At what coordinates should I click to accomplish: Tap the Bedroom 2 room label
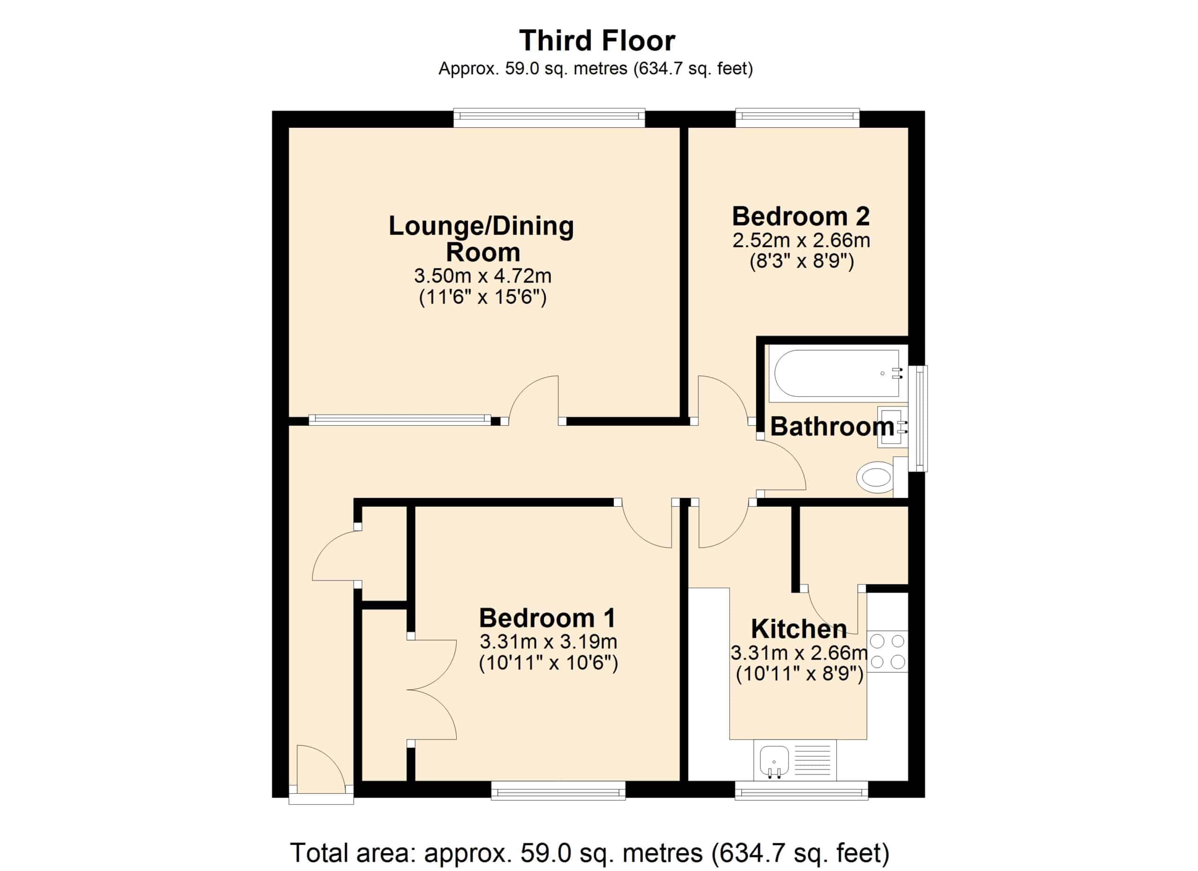pos(801,217)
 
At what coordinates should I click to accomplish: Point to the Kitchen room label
pos(799,629)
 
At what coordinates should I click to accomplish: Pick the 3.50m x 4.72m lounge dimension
pos(483,276)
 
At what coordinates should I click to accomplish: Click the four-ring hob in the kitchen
pos(887,652)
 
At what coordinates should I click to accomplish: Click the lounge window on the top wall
pos(549,118)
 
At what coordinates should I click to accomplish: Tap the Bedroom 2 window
pos(797,118)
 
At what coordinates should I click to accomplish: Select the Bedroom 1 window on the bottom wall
pos(558,791)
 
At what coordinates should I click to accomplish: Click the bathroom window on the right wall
pos(921,418)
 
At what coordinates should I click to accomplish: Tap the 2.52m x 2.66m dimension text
pos(801,241)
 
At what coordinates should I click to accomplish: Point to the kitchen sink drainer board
pos(813,761)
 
